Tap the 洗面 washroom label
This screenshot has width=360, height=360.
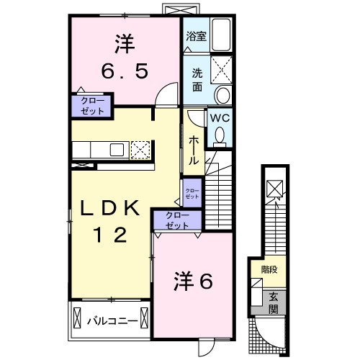[196, 79]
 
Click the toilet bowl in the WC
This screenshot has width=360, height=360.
[220, 134]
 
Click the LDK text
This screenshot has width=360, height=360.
[110, 209]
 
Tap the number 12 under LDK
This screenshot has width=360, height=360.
[109, 234]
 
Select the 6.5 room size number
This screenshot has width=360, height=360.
[124, 71]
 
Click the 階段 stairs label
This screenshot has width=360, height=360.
[269, 271]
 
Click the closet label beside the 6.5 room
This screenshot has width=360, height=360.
[91, 107]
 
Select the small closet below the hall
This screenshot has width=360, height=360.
[192, 192]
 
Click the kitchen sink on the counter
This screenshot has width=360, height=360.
[117, 149]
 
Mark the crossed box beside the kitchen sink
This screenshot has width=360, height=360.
[141, 150]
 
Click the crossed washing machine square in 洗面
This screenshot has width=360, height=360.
[219, 71]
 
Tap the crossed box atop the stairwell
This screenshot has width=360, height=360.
[274, 189]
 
